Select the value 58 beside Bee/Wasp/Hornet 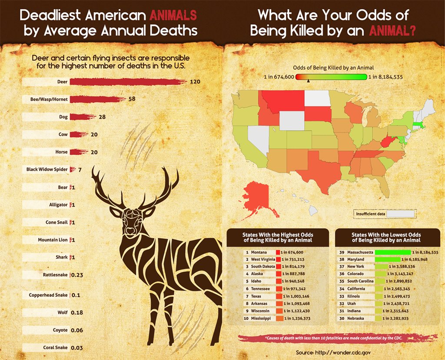132,99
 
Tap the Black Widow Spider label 47,170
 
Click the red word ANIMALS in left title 173,15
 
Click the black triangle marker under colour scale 308,81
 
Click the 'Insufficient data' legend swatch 401,214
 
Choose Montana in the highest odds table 259,252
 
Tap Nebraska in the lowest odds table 356,318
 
